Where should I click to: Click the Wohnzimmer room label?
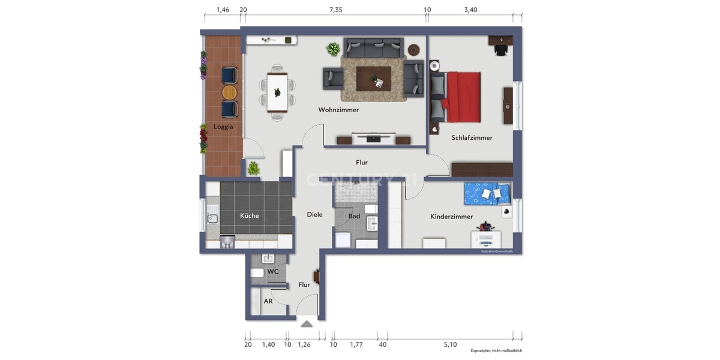pos(338,110)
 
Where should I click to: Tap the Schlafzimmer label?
pos(472,138)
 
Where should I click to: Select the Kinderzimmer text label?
pos(451,217)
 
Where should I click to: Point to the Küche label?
pos(249,215)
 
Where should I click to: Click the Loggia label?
pos(223,127)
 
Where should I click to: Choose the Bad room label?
pos(354,216)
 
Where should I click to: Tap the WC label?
pos(273,272)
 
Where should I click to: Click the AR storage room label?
pos(268,301)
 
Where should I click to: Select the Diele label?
pos(314,214)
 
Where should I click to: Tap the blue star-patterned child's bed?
pos(487,193)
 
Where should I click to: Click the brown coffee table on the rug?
pos(373,78)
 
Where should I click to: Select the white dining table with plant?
pos(277,92)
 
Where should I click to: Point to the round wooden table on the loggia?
pos(229,92)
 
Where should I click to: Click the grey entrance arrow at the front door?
pos(307,324)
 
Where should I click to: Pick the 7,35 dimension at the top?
pos(335,10)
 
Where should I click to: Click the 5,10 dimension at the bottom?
pos(449,344)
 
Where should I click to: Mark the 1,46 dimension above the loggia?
pos(223,10)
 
